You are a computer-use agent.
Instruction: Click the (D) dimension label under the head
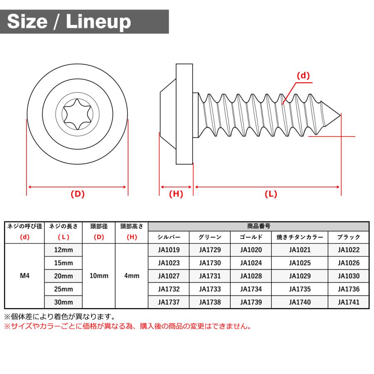77,194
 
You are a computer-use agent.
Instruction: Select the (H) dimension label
176,194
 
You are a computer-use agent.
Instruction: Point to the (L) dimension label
271,194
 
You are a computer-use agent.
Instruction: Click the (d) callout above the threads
303,76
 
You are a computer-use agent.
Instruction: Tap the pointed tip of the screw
339,113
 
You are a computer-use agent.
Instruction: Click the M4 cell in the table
25,276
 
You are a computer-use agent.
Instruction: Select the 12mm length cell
64,250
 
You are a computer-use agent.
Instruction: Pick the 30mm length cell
64,302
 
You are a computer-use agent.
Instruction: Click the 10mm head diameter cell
99,276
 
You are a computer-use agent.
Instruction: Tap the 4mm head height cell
132,276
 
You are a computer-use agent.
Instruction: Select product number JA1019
169,250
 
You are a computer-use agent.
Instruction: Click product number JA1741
348,302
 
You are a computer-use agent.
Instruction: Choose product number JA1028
251,276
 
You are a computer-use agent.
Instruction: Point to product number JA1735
300,289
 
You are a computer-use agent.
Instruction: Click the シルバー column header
169,237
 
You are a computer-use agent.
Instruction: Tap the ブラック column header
348,237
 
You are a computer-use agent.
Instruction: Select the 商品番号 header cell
258,226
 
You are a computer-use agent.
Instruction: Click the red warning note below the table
128,327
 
